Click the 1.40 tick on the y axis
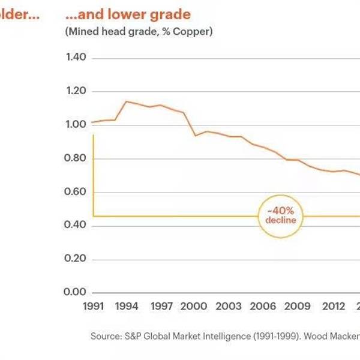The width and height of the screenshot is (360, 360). click(x=76, y=58)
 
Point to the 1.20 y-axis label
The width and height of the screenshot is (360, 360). click(x=76, y=91)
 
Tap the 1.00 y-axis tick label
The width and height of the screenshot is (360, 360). click(x=76, y=125)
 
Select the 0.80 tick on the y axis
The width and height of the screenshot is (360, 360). click(x=76, y=158)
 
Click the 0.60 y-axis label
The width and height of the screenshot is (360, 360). click(x=76, y=192)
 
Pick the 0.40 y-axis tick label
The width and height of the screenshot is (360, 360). click(x=76, y=225)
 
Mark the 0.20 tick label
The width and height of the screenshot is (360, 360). click(x=76, y=259)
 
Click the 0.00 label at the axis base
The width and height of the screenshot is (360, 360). click(x=76, y=292)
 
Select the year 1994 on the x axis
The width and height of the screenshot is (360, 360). click(x=128, y=307)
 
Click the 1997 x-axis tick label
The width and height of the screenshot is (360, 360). click(x=162, y=307)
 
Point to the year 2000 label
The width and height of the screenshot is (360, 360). click(x=195, y=307)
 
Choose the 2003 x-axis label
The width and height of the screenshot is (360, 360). click(x=229, y=307)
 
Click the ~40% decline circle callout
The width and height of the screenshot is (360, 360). click(x=281, y=215)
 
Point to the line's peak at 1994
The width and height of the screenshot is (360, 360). click(x=126, y=101)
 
